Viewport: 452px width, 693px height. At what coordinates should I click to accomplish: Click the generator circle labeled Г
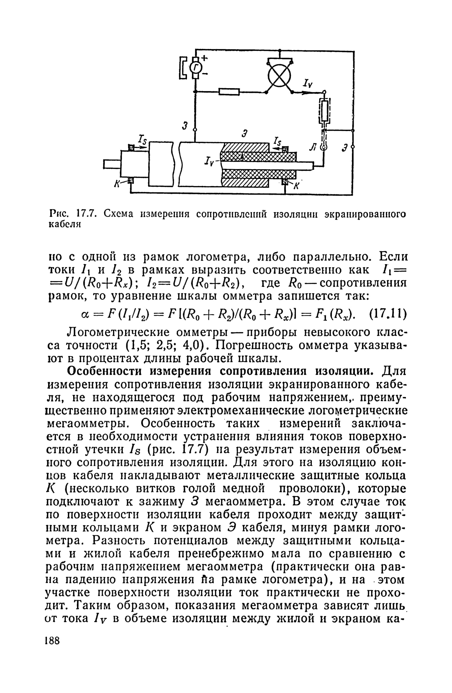point(195,68)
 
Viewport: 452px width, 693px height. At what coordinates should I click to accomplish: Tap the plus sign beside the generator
point(204,59)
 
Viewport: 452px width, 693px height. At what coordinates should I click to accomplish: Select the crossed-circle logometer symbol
point(279,75)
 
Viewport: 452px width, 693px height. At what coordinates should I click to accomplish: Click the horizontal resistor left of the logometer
point(229,92)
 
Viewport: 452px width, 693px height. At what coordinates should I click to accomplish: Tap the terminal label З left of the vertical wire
point(185,126)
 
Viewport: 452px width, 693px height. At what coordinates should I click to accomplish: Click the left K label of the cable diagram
point(117,185)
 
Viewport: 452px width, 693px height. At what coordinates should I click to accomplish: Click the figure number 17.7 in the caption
point(85,213)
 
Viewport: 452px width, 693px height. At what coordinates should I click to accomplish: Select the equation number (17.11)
point(388,315)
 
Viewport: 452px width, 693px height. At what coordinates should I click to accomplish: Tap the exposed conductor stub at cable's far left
point(112,164)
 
